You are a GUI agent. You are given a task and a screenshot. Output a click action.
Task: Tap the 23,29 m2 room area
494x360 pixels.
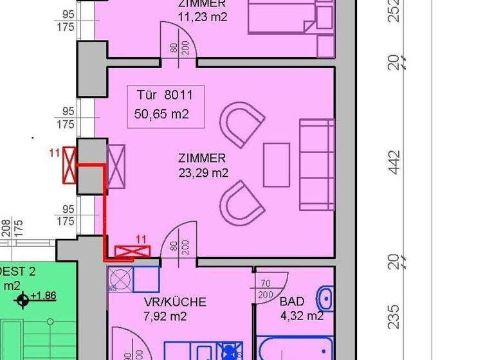tap(203, 172)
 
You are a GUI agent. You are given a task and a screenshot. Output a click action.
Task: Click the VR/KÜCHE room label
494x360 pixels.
tap(175, 301)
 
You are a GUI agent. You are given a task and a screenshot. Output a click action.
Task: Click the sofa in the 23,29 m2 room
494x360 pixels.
tap(316, 165)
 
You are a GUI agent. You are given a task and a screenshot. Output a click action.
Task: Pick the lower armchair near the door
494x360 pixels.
tap(241, 203)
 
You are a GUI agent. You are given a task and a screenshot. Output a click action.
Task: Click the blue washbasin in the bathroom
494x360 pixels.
tap(325, 300)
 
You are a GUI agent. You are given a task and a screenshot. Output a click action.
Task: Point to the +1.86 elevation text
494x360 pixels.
tap(43, 296)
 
